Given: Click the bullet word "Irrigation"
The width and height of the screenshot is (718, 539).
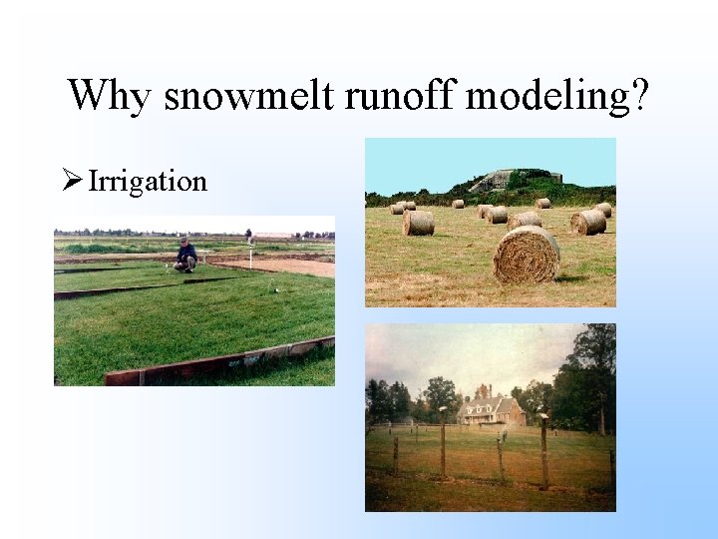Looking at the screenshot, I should click(x=148, y=182).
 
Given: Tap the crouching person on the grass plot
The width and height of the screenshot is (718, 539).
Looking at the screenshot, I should click(x=185, y=257).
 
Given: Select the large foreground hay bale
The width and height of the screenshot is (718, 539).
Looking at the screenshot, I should click(x=526, y=255).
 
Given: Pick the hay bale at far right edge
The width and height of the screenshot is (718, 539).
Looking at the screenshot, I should click(x=604, y=209).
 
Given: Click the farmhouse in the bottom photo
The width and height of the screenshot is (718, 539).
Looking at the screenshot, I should click(x=492, y=410).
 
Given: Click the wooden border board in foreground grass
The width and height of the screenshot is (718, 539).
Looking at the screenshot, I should click(x=219, y=363).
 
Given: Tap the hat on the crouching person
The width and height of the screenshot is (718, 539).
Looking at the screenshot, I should click(x=184, y=241).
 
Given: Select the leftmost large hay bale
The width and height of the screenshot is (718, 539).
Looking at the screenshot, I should click(x=418, y=223).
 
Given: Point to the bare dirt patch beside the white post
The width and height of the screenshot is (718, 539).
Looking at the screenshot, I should click(x=294, y=267).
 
